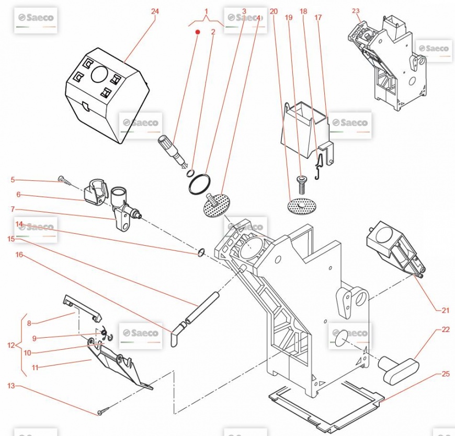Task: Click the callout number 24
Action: (x=154, y=11)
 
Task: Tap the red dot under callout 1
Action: (x=198, y=32)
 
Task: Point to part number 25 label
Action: (x=446, y=374)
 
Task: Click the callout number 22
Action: (x=446, y=329)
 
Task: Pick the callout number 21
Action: (x=446, y=311)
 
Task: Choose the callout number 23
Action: (x=356, y=10)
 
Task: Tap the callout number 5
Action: (x=13, y=180)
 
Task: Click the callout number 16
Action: (x=19, y=255)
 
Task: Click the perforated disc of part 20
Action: (x=301, y=205)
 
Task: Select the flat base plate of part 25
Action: (x=324, y=404)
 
